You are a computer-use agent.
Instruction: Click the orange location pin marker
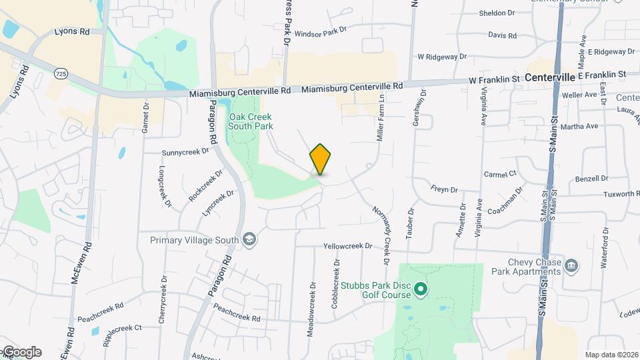coord(320,159)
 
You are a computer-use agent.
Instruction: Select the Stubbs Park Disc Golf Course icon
coord(420,289)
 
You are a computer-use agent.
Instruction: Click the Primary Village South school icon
coord(249,239)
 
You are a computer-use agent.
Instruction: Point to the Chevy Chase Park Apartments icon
coord(571,267)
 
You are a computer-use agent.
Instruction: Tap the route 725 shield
coord(61,73)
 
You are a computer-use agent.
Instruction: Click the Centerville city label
coord(549,78)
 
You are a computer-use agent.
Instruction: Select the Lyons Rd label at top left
coord(72,31)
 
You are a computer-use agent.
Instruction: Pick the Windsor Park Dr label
coord(321,31)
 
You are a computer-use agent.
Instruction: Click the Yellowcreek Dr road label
coord(347,246)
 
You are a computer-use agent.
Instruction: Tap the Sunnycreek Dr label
coord(185,152)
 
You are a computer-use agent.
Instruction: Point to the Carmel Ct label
coord(500,173)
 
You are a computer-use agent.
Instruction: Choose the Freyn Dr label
coord(444,189)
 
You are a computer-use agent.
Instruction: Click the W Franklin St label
coord(493,79)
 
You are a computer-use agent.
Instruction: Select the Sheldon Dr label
coord(497,13)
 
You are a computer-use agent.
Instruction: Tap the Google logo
coord(21,352)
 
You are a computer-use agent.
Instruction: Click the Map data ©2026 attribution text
coord(611,355)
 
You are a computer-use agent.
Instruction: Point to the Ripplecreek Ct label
coord(123,328)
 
